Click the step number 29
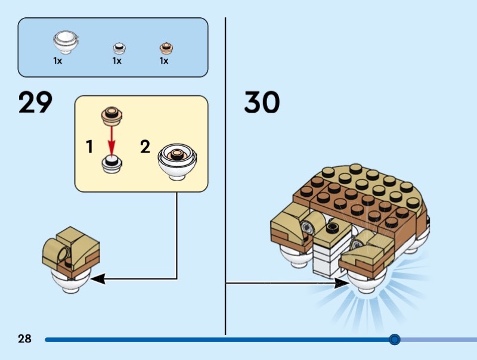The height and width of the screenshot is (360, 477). coord(35,103)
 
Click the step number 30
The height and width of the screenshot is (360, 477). coord(262,103)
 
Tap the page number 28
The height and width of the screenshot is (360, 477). coord(24,339)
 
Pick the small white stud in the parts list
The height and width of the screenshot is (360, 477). coord(119,48)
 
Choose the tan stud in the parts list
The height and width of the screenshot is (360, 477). coord(165,48)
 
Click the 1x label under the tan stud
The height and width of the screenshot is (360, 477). coord(163,61)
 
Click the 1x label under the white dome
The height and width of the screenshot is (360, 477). coord(58,61)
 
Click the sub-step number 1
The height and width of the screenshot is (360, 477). coord(89,146)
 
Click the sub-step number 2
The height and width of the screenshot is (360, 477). coord(145,146)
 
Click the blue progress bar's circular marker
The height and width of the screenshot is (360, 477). coord(394,340)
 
